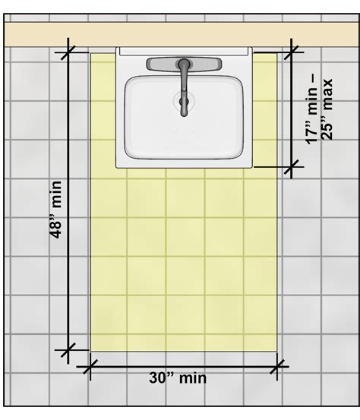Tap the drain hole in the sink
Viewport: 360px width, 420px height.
tap(183, 99)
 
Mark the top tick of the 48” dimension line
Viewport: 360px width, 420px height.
tap(69, 52)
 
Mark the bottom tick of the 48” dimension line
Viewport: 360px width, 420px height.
tap(69, 351)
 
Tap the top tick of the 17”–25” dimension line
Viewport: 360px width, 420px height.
tap(293, 52)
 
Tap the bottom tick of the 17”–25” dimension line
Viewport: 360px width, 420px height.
tap(293, 166)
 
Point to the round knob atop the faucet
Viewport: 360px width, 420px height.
tap(183, 63)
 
